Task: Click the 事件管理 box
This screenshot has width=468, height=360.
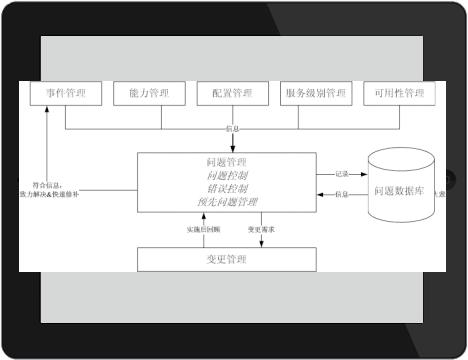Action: click(x=65, y=94)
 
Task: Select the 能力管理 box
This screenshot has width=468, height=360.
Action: click(x=149, y=94)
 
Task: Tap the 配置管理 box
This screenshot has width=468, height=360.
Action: click(x=232, y=94)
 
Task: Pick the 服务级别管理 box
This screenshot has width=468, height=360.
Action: click(x=315, y=94)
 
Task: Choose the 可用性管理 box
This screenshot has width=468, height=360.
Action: click(x=399, y=94)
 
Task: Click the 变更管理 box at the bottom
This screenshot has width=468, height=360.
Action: click(x=232, y=260)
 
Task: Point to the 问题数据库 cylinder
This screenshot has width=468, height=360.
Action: click(x=402, y=184)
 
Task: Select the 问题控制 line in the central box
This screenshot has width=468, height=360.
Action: click(x=225, y=174)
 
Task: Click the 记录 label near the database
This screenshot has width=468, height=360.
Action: click(x=342, y=172)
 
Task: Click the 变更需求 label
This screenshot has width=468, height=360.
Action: click(x=262, y=229)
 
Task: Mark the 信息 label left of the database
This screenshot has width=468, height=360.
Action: click(x=342, y=193)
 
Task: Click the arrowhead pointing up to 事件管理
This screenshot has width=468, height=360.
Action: click(x=46, y=111)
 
